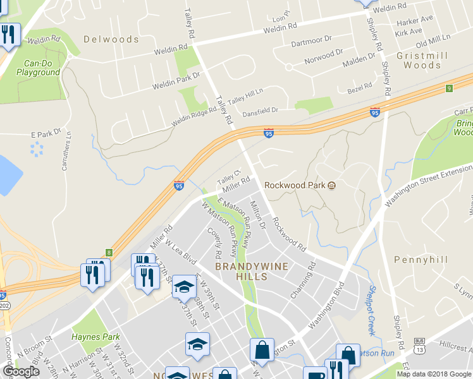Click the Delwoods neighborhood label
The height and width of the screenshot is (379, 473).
coord(111,39)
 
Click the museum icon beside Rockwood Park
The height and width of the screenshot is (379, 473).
coord(331,185)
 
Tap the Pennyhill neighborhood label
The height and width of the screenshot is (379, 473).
coord(421,260)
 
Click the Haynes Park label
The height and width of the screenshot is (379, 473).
coord(95,337)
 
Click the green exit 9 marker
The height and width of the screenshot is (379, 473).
coord(450,88)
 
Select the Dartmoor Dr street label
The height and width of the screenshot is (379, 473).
coord(311,40)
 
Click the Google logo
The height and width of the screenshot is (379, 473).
coord(21,371)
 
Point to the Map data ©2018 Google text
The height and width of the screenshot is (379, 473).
coord(434,374)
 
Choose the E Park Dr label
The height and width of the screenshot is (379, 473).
coord(45,134)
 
